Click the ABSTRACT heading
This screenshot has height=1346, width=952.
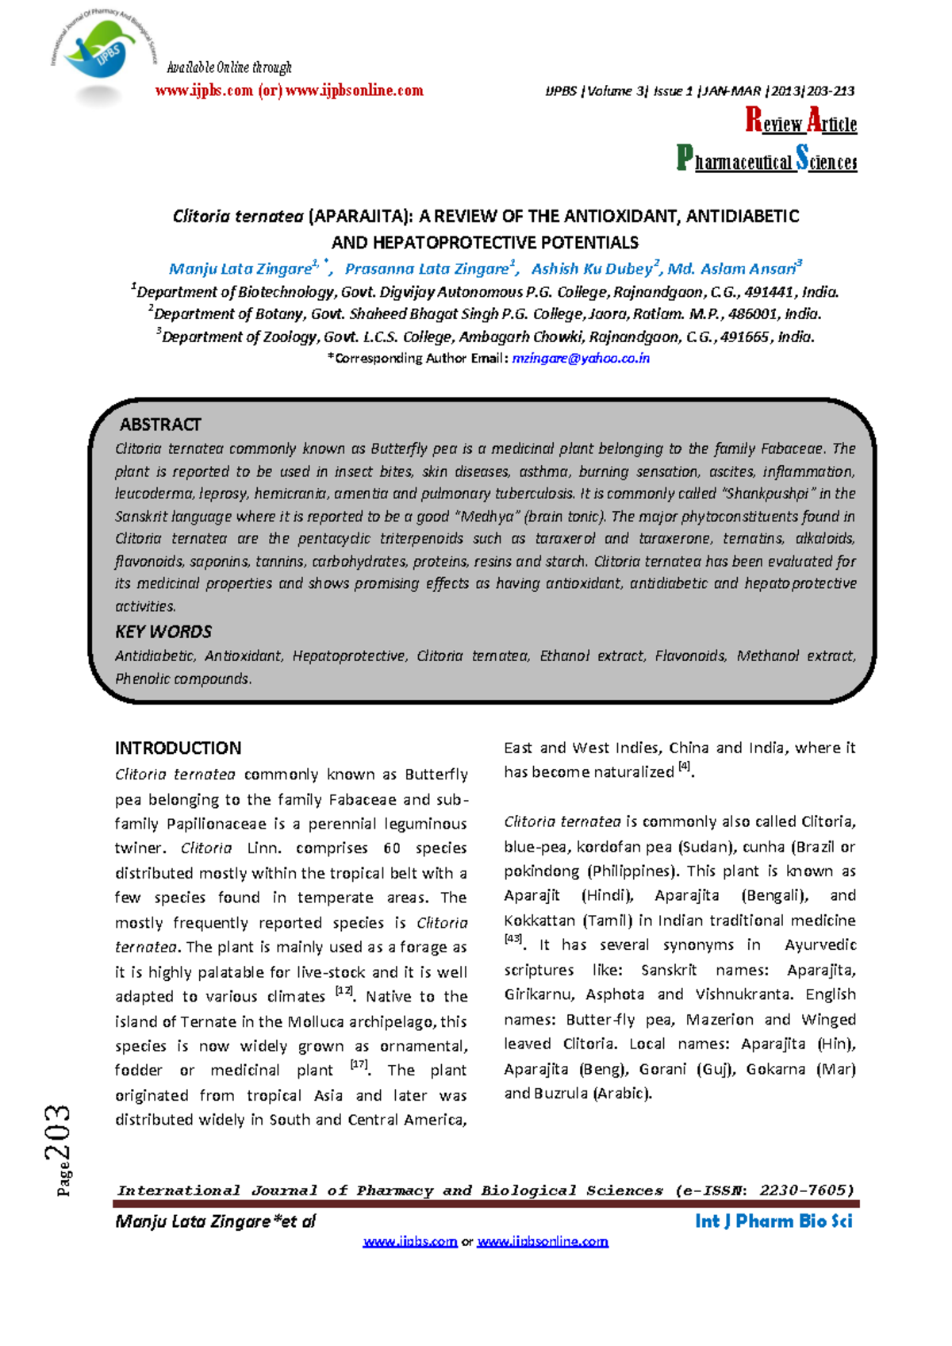point(159,425)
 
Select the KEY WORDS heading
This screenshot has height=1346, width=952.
point(163,632)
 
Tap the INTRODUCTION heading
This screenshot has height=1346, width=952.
point(178,748)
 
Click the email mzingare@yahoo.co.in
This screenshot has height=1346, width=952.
point(581,359)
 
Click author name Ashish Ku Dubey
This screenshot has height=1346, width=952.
point(592,269)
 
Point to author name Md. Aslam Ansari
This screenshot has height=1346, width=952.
point(731,269)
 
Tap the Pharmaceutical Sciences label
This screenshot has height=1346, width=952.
point(766,160)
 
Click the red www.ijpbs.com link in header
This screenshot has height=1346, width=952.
point(204,90)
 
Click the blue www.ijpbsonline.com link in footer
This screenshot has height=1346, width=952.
point(543,1241)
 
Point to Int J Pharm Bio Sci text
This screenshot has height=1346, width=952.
point(773,1221)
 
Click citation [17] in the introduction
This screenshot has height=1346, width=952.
point(359,1065)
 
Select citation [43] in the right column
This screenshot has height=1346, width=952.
point(513,939)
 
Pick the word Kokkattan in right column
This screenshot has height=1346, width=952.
point(540,921)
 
